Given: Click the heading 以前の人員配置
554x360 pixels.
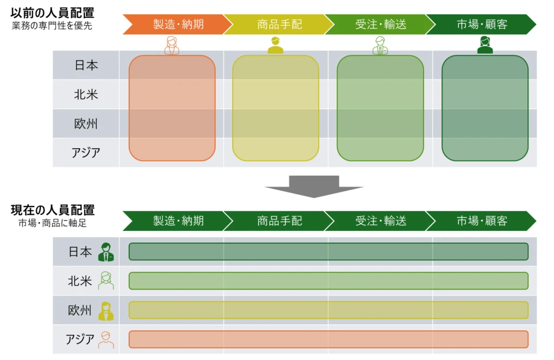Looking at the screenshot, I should tap(52, 12).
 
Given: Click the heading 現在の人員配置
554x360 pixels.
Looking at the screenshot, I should tap(52, 210).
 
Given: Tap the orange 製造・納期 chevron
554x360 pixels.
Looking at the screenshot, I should tap(176, 24).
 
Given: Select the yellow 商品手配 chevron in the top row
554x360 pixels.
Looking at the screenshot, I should tap(277, 24).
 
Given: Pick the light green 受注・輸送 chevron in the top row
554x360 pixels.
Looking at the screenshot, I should tap(379, 24).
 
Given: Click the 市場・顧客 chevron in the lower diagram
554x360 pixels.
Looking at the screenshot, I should tap(482, 221).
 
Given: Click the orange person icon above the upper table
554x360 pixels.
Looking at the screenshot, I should tap(172, 45).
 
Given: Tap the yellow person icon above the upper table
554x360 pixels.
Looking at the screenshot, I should tap(275, 45).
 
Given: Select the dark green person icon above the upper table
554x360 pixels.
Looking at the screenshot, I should tap(485, 45).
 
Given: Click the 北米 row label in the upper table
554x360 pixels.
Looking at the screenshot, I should tap(86, 95).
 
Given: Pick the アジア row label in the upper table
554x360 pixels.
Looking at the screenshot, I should tap(86, 152).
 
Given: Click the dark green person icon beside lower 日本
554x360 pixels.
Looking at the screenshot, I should tap(106, 252).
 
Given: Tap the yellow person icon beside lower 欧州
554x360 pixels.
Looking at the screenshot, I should tap(106, 310).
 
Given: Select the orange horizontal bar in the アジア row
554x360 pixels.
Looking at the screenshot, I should tap(328, 339).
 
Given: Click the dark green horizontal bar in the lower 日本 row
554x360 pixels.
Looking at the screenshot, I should tap(328, 251).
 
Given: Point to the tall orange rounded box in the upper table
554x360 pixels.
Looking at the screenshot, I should tap(172, 108).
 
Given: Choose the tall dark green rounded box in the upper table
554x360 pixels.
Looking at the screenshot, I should tap(485, 108).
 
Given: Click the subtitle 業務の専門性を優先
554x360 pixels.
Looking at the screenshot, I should tap(52, 25).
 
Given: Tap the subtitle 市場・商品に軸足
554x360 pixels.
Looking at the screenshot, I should tap(52, 223).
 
